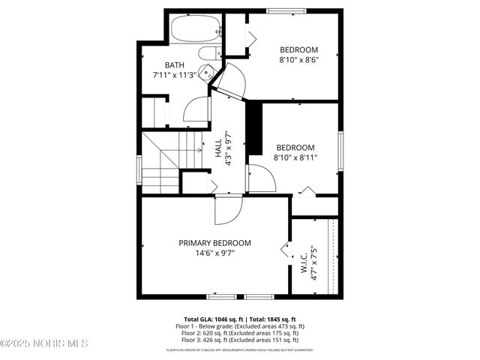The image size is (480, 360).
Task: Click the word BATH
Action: click(174, 65)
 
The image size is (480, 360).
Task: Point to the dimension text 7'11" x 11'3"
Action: click(174, 75)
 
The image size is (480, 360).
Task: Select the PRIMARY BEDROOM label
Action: click(214, 243)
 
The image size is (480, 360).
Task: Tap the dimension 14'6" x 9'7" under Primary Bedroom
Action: click(214, 253)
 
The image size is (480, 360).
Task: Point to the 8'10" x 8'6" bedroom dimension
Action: click(299, 60)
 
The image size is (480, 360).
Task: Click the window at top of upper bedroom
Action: click(287, 10)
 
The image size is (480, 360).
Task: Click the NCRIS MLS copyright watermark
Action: click(45, 344)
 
